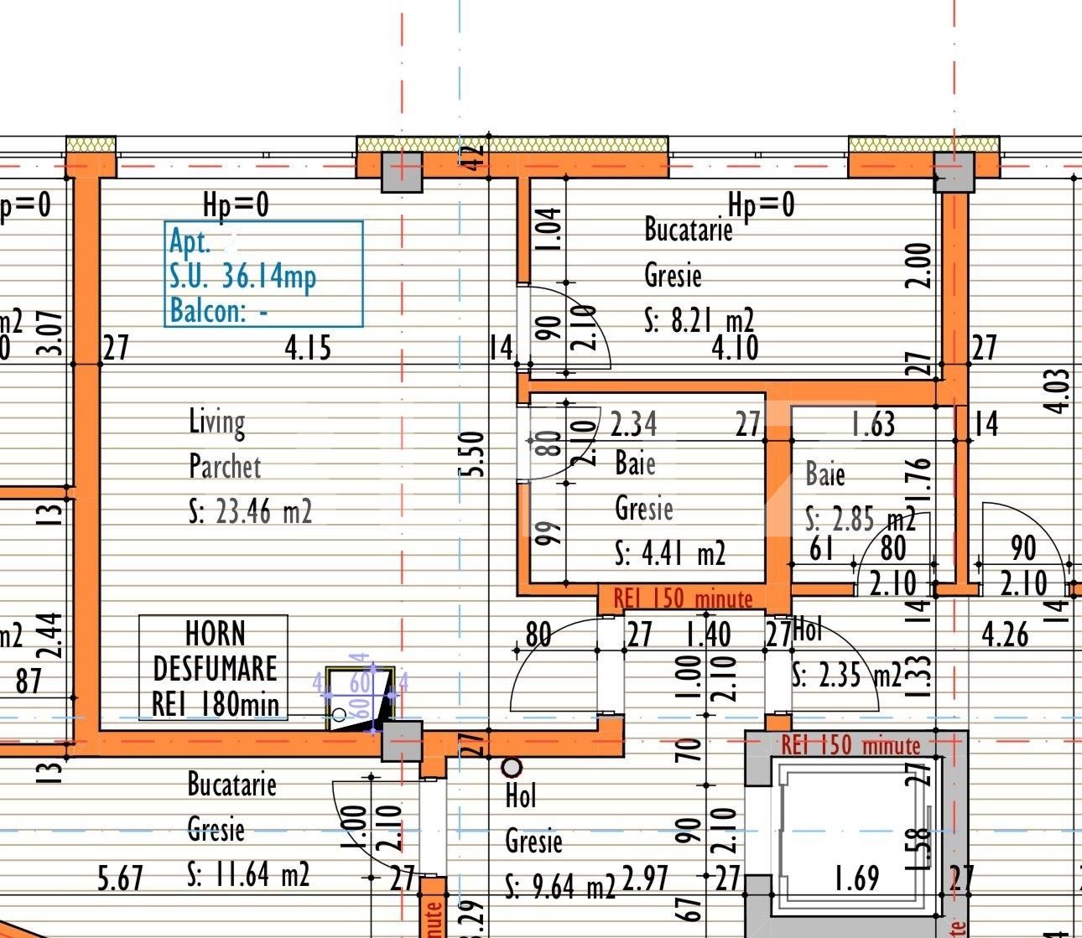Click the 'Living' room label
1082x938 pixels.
217,422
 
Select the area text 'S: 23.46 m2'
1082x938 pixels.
251,511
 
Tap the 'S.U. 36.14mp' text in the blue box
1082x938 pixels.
242,276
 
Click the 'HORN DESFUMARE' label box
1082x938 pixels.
214,668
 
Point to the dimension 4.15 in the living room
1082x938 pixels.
308,347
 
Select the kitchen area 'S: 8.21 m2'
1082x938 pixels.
699,320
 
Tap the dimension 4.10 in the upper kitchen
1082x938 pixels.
735,347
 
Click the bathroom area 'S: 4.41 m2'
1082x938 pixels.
670,553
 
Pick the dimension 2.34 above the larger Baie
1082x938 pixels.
633,424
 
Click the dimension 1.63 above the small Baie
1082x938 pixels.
872,424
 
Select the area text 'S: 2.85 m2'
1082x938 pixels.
860,520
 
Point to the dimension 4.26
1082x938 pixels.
1005,635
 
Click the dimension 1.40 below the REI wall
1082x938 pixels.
707,635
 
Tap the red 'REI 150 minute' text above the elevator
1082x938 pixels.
851,745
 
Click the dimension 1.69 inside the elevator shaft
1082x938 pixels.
856,878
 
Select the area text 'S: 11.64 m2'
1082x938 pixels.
248,875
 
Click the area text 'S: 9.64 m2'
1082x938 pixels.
560,885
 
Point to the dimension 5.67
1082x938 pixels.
121,879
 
